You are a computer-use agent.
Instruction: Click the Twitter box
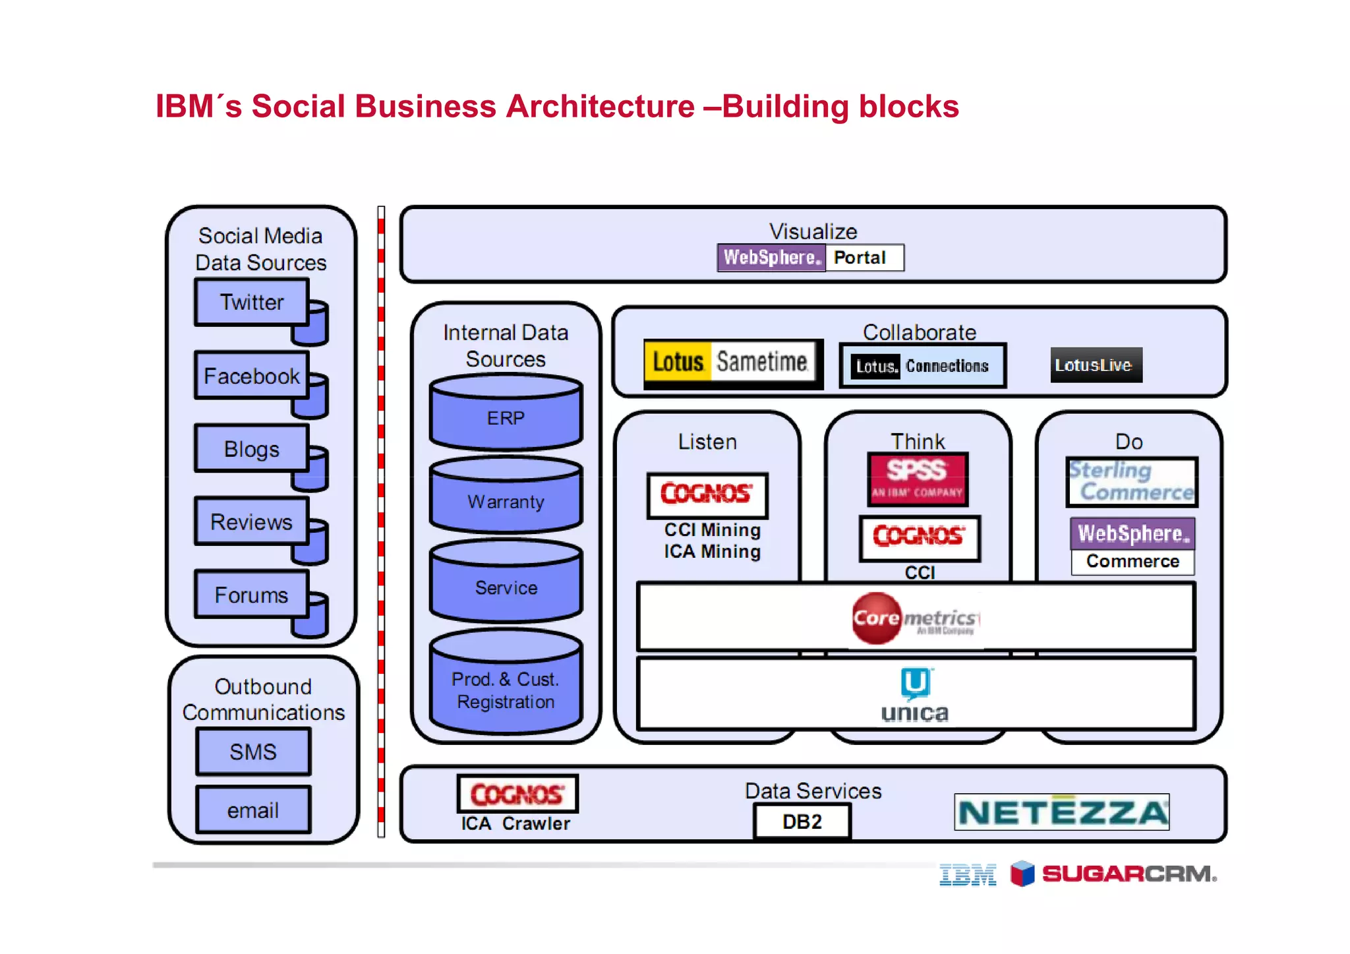tap(251, 302)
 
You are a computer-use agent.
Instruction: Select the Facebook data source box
tap(251, 376)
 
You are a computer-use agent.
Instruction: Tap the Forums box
tap(251, 595)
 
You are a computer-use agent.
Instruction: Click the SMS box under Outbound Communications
tap(253, 752)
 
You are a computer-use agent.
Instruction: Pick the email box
tap(253, 810)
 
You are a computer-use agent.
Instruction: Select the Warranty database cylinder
tap(506, 501)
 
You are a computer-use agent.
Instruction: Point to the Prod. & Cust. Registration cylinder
tap(506, 690)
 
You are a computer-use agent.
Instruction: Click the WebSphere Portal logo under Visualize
tap(810, 257)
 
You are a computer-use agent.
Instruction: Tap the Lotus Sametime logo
tap(732, 362)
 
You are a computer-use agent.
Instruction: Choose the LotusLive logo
tap(1096, 365)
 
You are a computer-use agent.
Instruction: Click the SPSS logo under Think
tap(917, 479)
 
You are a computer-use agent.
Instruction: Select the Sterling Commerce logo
tap(1132, 481)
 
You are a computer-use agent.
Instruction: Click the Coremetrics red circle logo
tap(877, 618)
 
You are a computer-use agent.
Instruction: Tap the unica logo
tap(915, 696)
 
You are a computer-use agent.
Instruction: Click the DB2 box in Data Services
tap(802, 821)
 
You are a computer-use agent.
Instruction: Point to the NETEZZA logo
tap(1061, 812)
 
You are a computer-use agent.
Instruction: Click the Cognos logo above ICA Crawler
tap(517, 794)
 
